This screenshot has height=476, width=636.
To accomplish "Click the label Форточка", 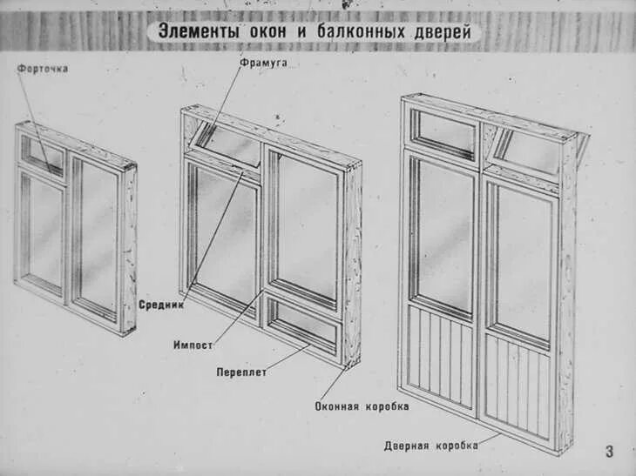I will [43, 69].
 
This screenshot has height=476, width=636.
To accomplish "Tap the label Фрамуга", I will [263, 64].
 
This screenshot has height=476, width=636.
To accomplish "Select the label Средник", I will [160, 305].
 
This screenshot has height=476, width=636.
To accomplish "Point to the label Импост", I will [193, 345].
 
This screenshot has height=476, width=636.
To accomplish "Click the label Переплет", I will [241, 372].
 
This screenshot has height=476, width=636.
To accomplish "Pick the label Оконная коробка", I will [362, 406].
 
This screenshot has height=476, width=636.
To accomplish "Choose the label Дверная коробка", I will [430, 446].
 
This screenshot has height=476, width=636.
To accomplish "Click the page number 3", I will [609, 451].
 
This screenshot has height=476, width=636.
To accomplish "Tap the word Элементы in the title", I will [194, 32].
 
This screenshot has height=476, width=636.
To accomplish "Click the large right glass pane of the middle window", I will [306, 227].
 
